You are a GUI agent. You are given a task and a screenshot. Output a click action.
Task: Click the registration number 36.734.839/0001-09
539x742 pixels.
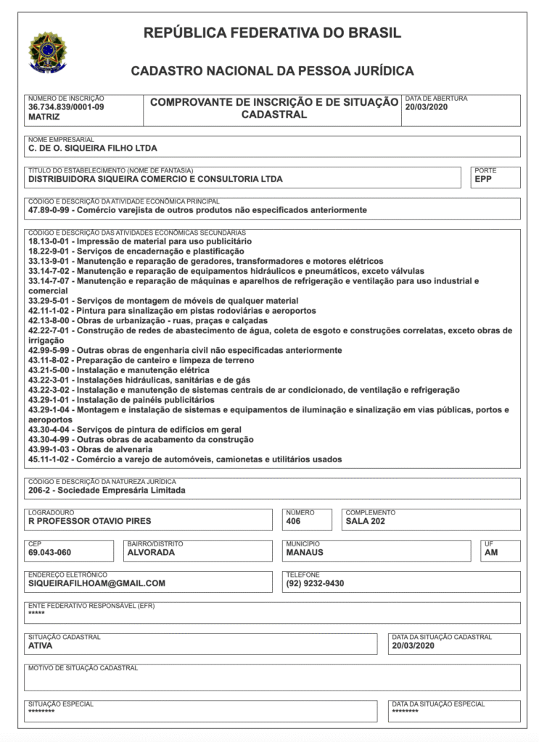click(x=66, y=107)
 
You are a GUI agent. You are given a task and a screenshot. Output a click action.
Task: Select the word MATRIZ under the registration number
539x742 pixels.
click(x=44, y=116)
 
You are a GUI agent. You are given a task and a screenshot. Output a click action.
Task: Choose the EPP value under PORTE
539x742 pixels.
click(x=484, y=178)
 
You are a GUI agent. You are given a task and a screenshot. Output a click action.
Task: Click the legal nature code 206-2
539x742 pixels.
click(x=40, y=490)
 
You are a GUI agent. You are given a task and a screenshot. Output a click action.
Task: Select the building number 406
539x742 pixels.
click(x=294, y=520)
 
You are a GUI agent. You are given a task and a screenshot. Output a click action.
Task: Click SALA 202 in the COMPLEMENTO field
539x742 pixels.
click(x=366, y=520)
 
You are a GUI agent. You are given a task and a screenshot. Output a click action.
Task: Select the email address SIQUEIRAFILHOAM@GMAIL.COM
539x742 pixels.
click(x=96, y=583)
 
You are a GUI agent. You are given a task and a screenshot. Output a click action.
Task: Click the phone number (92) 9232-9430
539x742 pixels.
click(x=315, y=583)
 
